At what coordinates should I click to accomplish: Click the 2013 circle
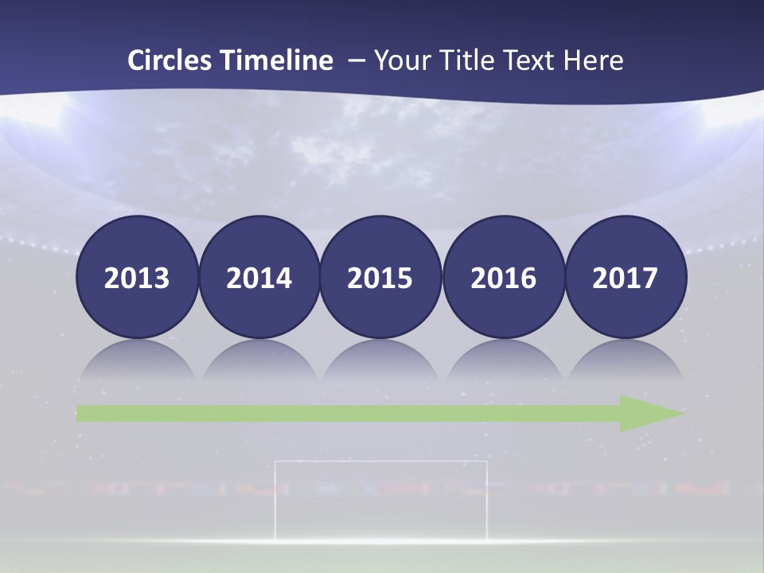(x=136, y=277)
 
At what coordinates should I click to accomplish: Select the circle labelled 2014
(x=259, y=277)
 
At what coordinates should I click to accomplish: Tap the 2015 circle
(x=380, y=277)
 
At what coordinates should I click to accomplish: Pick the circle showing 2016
(x=503, y=277)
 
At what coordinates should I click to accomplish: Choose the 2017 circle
(x=625, y=277)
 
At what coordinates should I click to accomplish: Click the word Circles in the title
(x=171, y=60)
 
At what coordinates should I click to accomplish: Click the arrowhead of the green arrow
(x=649, y=413)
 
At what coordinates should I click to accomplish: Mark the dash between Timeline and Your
(x=357, y=61)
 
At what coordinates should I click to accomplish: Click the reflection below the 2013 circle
(x=136, y=362)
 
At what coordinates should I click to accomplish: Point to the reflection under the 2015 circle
(x=380, y=362)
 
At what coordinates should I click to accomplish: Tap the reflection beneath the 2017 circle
(x=625, y=362)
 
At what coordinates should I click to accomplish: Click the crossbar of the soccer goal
(x=380, y=461)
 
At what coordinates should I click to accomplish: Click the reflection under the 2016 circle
(x=503, y=362)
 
